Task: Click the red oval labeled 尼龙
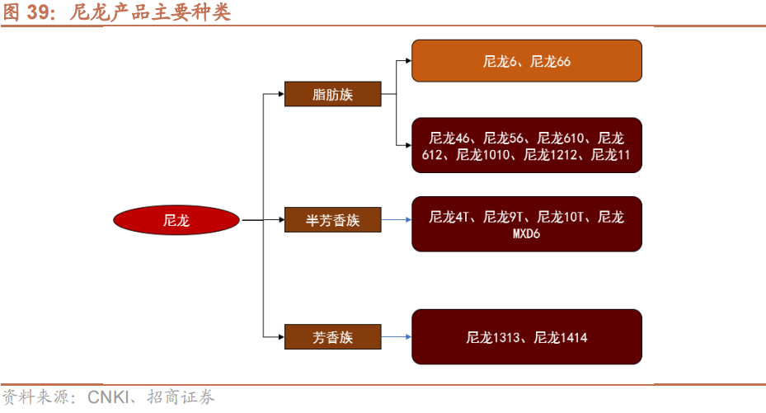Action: pos(176,220)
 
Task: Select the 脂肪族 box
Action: pos(332,94)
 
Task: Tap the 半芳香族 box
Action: pos(332,220)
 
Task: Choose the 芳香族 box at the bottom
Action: pos(332,336)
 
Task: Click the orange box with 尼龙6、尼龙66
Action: pos(526,61)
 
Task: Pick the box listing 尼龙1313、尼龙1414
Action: pos(526,336)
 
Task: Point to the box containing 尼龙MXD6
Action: pos(526,224)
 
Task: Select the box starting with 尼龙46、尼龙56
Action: pos(526,145)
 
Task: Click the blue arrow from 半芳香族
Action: pos(397,220)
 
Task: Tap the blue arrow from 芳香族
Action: pos(397,336)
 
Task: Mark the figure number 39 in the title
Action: pos(38,12)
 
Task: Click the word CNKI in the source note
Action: pos(107,399)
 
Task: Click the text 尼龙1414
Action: pos(561,336)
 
